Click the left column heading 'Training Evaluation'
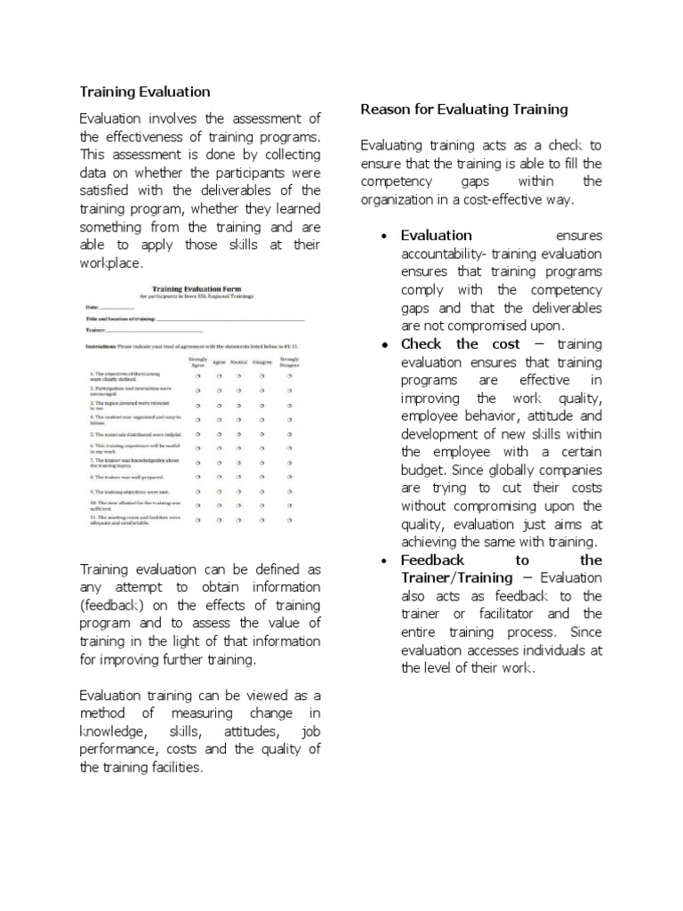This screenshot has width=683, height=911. coord(145,92)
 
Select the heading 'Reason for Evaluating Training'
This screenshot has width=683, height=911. coord(463,109)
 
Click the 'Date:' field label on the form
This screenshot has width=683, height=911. coord(93,307)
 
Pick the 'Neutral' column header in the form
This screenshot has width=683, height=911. coord(237,362)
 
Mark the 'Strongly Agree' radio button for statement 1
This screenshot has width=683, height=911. coord(196,375)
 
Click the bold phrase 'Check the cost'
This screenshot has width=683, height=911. coord(452,344)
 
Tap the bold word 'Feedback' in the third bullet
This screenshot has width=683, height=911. coord(432,560)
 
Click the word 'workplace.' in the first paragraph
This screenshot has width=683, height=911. coord(111,264)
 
